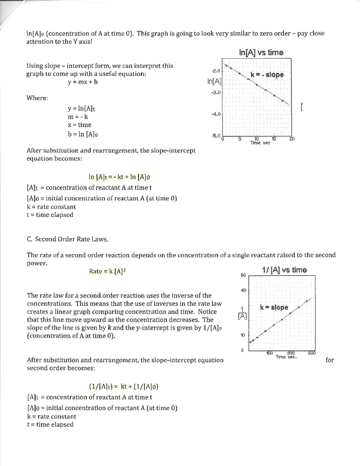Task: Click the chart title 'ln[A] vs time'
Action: coord(261,53)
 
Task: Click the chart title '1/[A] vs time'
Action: coord(284,270)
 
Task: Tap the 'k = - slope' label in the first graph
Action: coord(267,74)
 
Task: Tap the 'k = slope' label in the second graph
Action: coord(274,307)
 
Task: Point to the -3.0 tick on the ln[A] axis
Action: coord(216,92)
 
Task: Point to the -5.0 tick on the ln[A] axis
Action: coord(216,136)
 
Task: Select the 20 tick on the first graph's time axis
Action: coord(292,139)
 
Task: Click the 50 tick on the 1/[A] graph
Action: coord(243,275)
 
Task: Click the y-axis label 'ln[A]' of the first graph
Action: coord(214,81)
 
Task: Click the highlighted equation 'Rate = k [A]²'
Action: coord(107,271)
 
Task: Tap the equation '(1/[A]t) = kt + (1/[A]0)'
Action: coord(124,386)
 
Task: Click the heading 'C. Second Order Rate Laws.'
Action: coord(67,239)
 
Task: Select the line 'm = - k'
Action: coord(78,117)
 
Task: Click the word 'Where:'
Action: coord(37,98)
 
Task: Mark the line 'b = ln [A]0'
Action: coord(83,134)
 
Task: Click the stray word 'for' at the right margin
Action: coord(330,360)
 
